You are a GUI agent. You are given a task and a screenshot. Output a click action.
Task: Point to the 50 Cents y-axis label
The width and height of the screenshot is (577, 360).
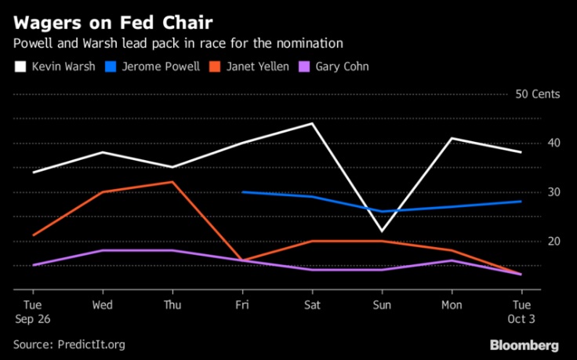[537, 94]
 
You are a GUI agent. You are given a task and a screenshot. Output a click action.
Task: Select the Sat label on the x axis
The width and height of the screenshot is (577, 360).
[312, 305]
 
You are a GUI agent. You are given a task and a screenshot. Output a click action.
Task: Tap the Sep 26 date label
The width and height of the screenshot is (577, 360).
[33, 319]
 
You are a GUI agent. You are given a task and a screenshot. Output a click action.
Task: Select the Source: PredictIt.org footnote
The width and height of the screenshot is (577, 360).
[69, 344]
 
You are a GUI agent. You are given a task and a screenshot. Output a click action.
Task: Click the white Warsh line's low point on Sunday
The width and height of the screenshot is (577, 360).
[382, 231]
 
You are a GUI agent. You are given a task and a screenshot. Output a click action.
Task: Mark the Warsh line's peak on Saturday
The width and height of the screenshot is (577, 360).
[312, 123]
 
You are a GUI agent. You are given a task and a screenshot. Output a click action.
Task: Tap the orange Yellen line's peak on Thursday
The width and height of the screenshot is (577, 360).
[172, 182]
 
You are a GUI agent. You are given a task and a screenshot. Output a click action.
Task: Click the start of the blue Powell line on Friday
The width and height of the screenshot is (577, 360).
[242, 191]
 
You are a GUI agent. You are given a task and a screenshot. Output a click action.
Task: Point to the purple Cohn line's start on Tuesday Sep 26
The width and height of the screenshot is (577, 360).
[33, 265]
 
